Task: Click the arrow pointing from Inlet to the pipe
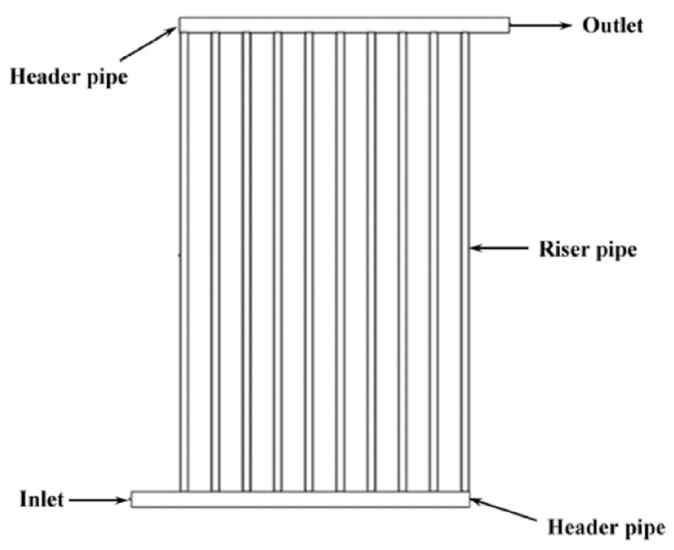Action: click(98, 501)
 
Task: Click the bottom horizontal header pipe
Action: click(301, 500)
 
